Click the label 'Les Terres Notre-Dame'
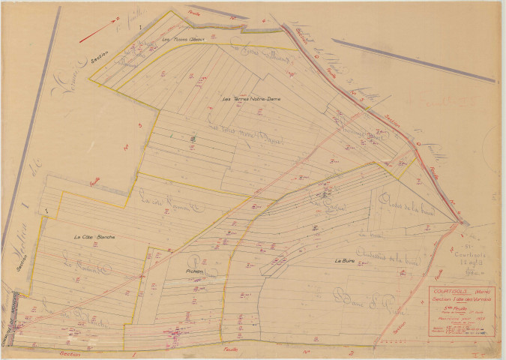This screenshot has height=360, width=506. tap(251, 99)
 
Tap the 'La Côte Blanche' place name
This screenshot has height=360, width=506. tap(94, 238)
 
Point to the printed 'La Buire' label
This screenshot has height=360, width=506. tap(344, 259)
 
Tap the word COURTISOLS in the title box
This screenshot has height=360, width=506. tap(451, 291)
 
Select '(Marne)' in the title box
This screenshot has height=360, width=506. tap(482, 292)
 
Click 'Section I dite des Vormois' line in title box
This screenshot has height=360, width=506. tap(461, 299)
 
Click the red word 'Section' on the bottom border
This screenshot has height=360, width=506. tap(70, 351)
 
